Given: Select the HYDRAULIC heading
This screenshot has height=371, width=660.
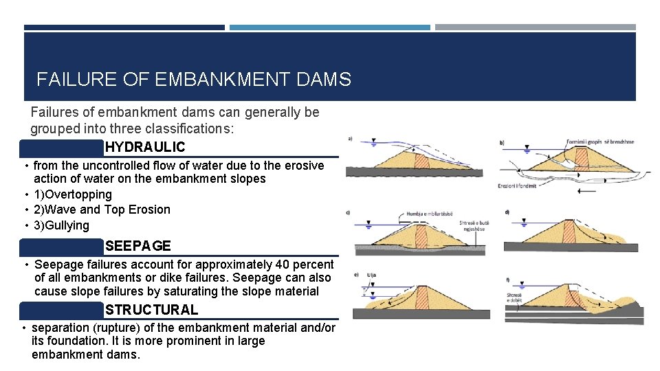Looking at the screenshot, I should pos(145,147).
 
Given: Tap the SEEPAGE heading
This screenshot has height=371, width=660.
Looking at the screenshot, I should pos(138,245).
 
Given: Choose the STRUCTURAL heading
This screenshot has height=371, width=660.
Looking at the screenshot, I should pos(151,310).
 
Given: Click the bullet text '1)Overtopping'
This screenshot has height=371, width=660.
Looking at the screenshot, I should pos(72,194).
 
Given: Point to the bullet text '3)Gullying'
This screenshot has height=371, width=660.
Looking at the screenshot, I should pos(61,225).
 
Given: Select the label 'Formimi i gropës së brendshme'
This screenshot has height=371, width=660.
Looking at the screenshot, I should pos(600,142).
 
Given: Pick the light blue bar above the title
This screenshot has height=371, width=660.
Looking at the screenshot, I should pos(329,27).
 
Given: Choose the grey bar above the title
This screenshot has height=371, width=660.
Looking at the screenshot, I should pos(535,27).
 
